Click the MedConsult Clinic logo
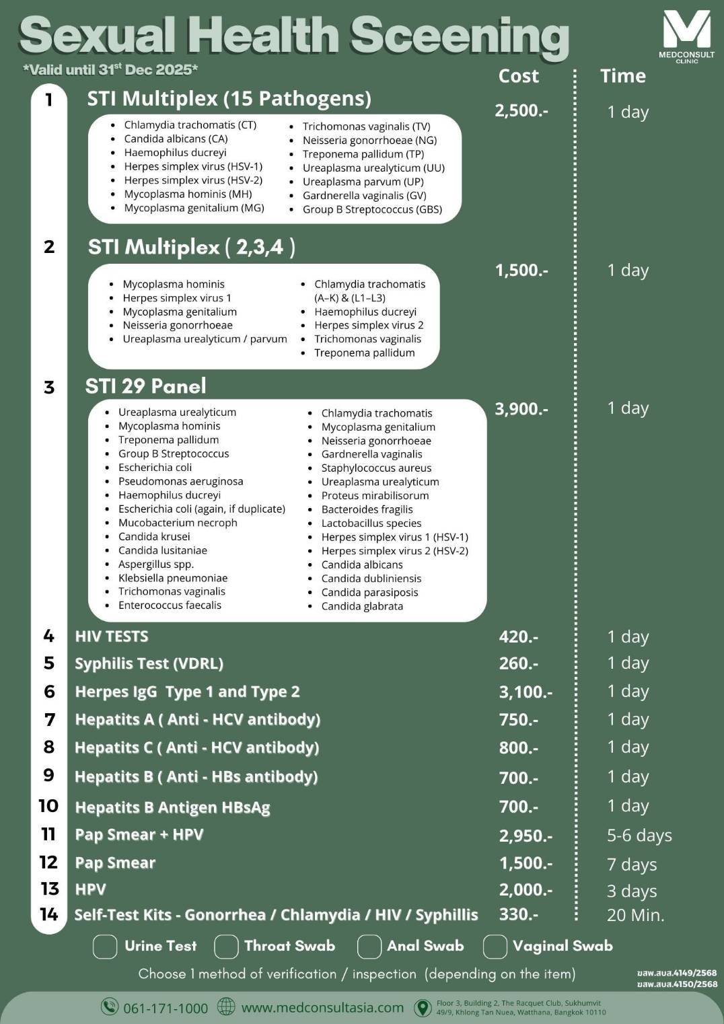point(686,35)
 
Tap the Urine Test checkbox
point(105,946)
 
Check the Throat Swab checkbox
point(226,946)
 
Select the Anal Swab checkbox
point(369,946)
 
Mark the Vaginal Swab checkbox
point(495,946)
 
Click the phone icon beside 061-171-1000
point(109,1007)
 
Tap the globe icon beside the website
point(226,1007)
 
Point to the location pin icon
point(423,1007)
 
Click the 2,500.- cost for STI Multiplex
point(521,110)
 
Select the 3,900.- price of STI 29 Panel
point(521,408)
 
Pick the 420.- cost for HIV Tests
point(518,636)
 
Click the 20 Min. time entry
point(635,915)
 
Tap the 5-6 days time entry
point(639,836)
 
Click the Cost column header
point(518,76)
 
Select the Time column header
point(622,76)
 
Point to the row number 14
point(49,914)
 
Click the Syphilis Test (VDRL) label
point(149,663)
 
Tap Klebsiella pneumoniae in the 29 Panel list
point(173,578)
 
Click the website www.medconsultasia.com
point(322,1007)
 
